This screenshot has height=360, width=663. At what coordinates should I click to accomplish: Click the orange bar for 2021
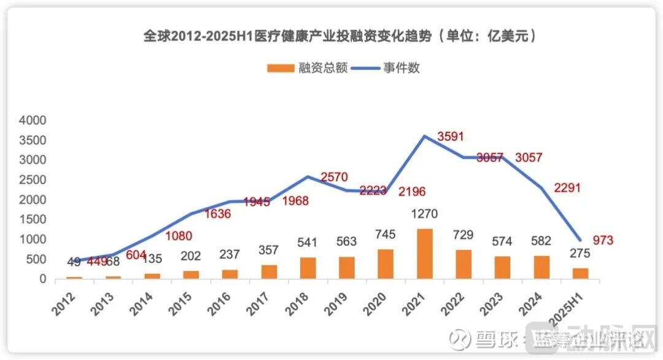tap(425, 254)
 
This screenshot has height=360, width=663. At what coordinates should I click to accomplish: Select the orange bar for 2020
tap(386, 264)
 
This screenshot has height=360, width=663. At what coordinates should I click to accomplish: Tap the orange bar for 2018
tap(308, 268)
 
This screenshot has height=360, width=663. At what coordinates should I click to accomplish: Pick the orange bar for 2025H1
tap(580, 273)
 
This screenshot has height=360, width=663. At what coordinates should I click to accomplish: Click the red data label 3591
tap(450, 136)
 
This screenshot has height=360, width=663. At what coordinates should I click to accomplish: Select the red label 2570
tap(334, 178)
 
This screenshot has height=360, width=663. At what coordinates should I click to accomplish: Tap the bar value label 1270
tap(424, 216)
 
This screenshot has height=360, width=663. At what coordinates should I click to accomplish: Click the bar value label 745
tap(386, 235)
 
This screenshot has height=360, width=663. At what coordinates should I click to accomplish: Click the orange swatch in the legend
tap(281, 68)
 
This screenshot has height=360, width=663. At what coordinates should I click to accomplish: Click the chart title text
tap(341, 36)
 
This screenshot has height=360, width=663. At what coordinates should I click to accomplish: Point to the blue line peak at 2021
tap(424, 136)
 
